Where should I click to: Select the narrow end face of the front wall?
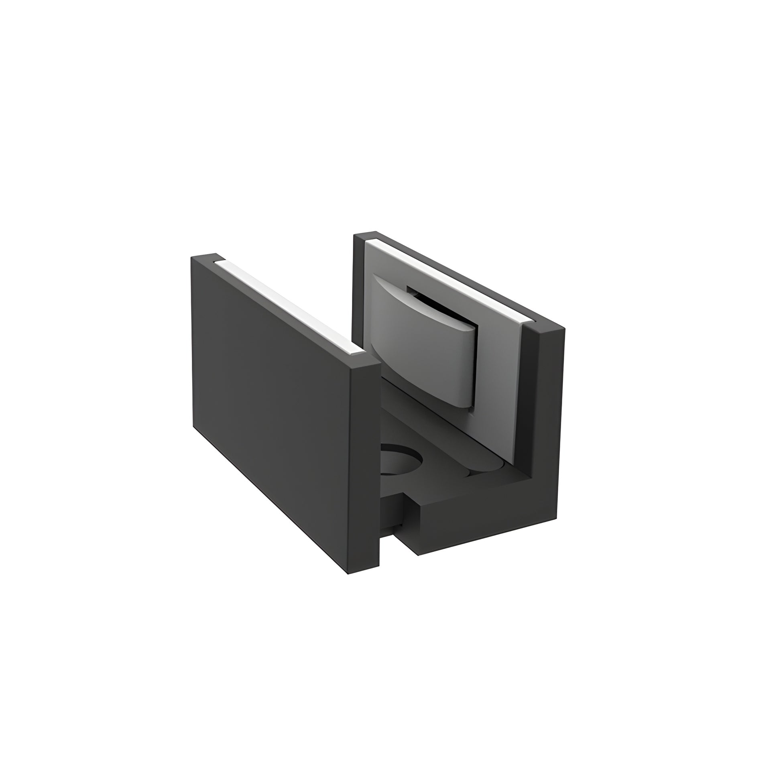tap(364, 465)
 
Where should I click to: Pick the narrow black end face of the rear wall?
tap(542, 404)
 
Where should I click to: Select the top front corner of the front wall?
tap(380, 364)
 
